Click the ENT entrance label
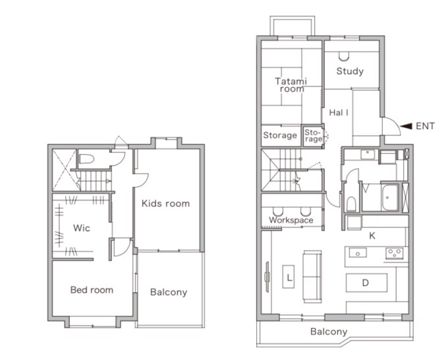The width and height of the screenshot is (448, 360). coord(425,126)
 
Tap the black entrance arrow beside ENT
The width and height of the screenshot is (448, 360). coord(406,126)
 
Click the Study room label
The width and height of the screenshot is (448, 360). coord(350,71)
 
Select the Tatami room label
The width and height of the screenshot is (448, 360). coord(291,85)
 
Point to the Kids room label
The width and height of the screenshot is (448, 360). coord(166,204)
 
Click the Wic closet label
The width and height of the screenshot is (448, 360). coord(82,228)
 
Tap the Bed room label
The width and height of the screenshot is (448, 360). coord(92,290)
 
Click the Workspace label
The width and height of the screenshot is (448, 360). coord(291,220)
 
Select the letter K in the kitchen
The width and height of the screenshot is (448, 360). coord(372,235)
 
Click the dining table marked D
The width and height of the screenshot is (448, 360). coord(366,283)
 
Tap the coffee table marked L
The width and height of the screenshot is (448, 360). coord(289,276)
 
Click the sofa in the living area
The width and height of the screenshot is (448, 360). coord(312,276)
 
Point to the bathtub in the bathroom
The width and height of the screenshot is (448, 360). coord(389,198)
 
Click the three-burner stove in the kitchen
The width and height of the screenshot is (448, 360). coord(395,253)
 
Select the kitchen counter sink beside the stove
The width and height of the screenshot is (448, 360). coord(358,253)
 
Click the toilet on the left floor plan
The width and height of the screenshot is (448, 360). coord(86,159)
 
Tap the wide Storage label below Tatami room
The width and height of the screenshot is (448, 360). coord(280,135)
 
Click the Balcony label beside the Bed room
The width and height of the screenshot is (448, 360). coord(169,292)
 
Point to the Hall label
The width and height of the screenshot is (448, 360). coord(339,112)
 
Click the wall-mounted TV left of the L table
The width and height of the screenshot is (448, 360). coord(267,277)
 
